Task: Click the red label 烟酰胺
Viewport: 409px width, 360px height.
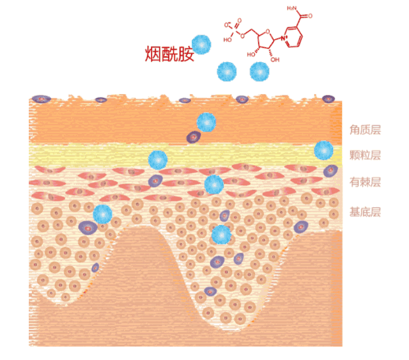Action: coord(169,54)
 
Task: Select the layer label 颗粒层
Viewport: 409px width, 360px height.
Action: coord(365,155)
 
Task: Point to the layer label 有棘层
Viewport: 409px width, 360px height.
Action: coord(365,183)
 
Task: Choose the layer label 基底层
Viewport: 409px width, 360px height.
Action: coord(365,212)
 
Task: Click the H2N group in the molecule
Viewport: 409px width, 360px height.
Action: coord(293,10)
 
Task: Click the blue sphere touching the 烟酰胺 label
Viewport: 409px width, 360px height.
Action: coord(201,44)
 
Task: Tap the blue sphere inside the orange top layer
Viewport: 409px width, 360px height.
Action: coord(206,121)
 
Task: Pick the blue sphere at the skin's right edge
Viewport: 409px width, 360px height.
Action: coord(324,150)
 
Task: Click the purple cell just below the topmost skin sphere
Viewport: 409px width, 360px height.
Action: coord(193,136)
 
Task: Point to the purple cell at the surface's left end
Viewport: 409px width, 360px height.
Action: coord(42,99)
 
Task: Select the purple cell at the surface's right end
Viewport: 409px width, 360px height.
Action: coord(328,99)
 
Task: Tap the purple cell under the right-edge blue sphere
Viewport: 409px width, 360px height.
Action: coord(330,170)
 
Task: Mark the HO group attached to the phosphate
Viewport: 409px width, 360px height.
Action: coord(227,39)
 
